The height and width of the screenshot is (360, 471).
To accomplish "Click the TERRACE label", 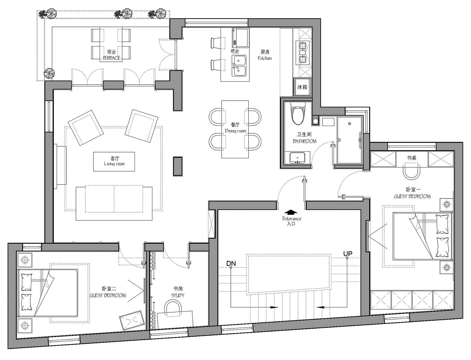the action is point(111,58).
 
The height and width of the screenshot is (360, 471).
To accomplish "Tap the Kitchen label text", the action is point(265,58).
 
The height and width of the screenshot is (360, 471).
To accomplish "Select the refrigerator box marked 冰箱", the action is point(302,87).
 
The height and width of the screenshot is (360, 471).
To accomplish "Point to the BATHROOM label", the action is point(304,141).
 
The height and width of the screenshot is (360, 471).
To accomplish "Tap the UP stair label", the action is point(348,254).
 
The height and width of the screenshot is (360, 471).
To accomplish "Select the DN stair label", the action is point(231,263).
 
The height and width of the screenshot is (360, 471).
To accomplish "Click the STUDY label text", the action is point(178,295).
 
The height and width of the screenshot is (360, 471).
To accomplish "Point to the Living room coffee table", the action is point(114,162).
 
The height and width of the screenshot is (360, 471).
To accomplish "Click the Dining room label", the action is point(235,131).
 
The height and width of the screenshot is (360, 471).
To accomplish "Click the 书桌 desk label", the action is point(411,158).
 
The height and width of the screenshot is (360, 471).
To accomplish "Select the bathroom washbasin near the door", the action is point(297,158).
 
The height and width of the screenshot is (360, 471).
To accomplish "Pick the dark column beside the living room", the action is point(178,166).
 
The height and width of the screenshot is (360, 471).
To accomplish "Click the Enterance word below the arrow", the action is point(292,219).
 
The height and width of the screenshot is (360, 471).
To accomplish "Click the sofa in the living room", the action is point(114,203).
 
